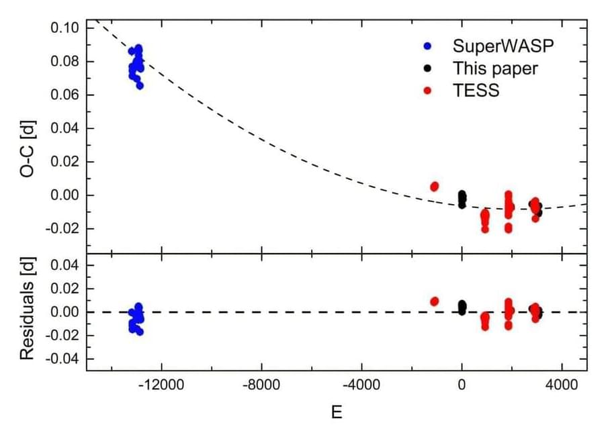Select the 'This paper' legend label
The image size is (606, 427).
(x=495, y=68)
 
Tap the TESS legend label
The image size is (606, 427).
(x=476, y=89)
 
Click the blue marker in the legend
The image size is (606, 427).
(x=429, y=46)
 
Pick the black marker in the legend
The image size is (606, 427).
(x=429, y=68)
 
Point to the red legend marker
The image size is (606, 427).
(x=429, y=89)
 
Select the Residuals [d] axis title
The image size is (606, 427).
(x=27, y=311)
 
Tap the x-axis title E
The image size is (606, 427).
(x=337, y=411)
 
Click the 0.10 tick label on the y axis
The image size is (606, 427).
(x=64, y=28)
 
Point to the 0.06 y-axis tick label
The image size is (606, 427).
(x=64, y=95)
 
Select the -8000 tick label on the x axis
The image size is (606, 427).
(x=262, y=387)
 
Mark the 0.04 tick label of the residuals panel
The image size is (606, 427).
(x=64, y=265)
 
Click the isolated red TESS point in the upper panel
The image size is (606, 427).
(x=435, y=186)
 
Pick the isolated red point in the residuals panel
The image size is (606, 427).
(x=435, y=301)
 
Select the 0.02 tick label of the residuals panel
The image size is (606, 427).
(x=64, y=289)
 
